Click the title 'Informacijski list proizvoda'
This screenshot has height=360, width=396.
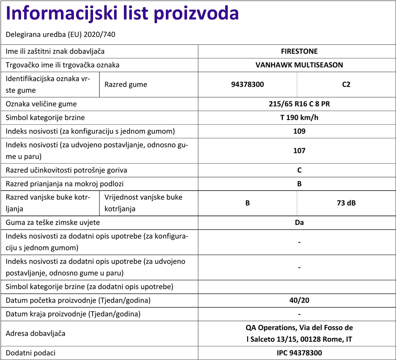coord(122,14)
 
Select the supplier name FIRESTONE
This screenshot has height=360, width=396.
coord(299,51)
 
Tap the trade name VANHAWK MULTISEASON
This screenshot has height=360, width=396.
coord(299,65)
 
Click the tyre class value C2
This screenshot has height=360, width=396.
coord(346,84)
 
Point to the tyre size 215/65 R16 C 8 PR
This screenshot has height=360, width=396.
coord(299,104)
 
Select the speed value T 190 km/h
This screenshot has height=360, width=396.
coord(299,118)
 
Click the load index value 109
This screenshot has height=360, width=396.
coord(299,131)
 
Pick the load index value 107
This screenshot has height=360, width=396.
coord(299,150)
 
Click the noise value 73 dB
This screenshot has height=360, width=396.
coord(346,203)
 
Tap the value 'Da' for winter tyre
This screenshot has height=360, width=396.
coord(299,223)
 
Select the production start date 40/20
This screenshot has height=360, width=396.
coord(299,300)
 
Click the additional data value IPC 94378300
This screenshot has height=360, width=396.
coord(299,353)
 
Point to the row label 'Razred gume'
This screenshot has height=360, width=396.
coord(126,84)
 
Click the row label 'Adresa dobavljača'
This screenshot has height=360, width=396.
coord(36,333)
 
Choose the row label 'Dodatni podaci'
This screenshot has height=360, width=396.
coord(30,353)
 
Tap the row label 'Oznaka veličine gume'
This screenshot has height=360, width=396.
coord(41,104)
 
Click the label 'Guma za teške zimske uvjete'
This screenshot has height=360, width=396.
coord(53,223)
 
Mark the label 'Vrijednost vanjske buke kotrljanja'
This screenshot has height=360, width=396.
coord(143,203)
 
